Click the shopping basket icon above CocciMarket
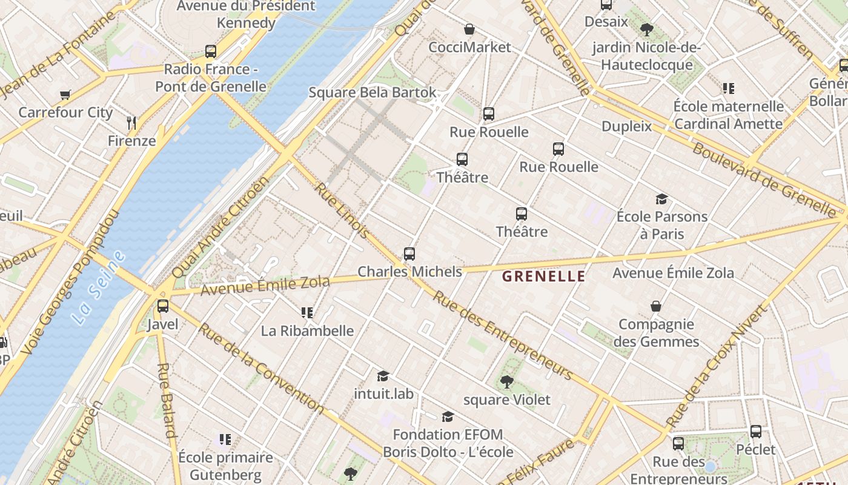[x=469, y=29]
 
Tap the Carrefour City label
[x=65, y=112]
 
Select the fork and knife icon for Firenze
[x=131, y=123]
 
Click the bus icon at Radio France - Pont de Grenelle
[x=211, y=52]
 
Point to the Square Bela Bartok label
[x=372, y=93]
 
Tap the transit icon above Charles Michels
[x=409, y=254]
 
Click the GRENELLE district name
[x=543, y=276]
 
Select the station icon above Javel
[x=163, y=306]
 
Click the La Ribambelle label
[x=307, y=331]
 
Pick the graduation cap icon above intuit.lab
[x=383, y=376]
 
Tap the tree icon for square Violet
[x=506, y=382]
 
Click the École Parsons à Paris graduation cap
[x=661, y=199]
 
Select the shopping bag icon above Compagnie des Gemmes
[x=655, y=306]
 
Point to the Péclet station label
[x=755, y=449]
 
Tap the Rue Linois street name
[x=342, y=210]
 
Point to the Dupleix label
[x=626, y=126]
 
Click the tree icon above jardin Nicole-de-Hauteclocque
[x=646, y=29]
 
